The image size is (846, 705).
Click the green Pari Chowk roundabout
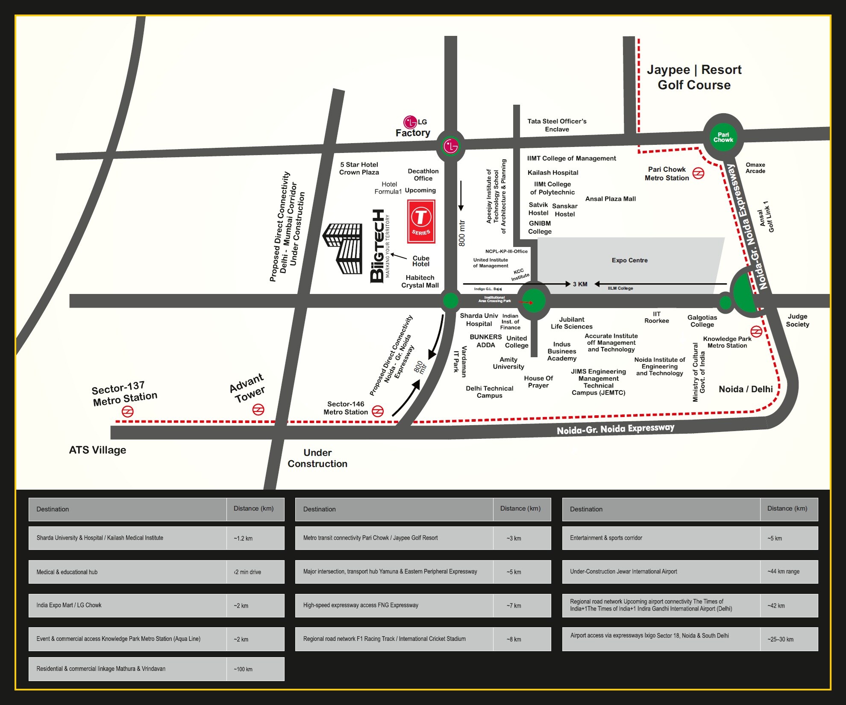723,137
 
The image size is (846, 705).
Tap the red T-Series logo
421,221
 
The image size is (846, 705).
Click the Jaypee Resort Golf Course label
694,77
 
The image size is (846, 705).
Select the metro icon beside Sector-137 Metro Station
128,411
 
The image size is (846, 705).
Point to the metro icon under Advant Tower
258,410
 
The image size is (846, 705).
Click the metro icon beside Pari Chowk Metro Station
698,173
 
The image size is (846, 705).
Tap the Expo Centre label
629,260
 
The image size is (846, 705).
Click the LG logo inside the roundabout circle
450,146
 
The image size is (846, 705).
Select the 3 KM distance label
580,284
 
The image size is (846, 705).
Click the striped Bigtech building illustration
343,248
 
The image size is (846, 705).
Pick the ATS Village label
97,450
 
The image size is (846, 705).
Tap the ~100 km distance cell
243,669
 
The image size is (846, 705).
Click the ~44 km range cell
783,572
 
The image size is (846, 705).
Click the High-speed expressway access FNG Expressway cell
394,605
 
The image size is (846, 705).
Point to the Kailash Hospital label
552,173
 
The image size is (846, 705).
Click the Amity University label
508,363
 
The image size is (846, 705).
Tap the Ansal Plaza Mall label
610,199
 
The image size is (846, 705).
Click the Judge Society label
797,320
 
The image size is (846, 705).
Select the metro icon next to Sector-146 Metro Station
378,411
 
